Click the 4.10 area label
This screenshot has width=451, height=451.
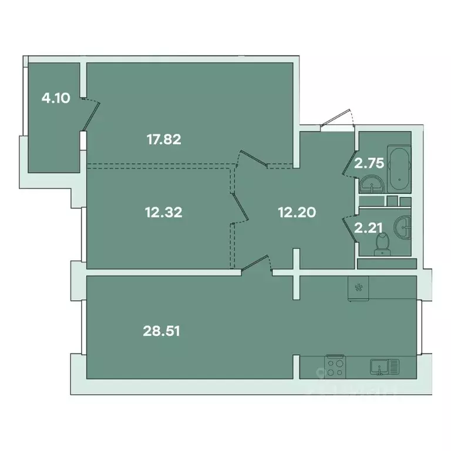coord(56,98)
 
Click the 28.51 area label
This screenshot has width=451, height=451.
coord(161,331)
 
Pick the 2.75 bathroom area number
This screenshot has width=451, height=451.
coord(369,163)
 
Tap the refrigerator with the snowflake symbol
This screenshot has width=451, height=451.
coord(358,289)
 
